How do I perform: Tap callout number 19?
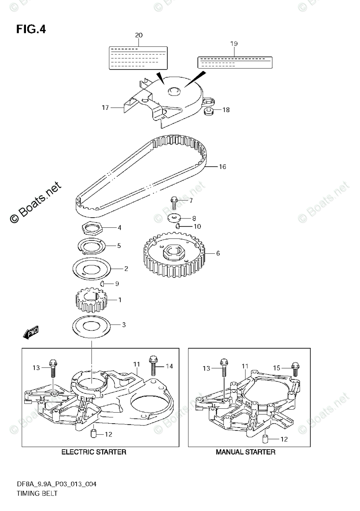click(x=234, y=43)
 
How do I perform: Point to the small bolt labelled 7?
click(x=174, y=202)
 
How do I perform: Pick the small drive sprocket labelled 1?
click(x=90, y=301)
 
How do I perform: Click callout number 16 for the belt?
click(x=222, y=167)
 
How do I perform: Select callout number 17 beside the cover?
click(x=105, y=108)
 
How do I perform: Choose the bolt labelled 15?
click(x=295, y=368)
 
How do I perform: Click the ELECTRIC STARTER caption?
click(x=94, y=452)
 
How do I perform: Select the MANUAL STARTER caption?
click(x=246, y=452)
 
